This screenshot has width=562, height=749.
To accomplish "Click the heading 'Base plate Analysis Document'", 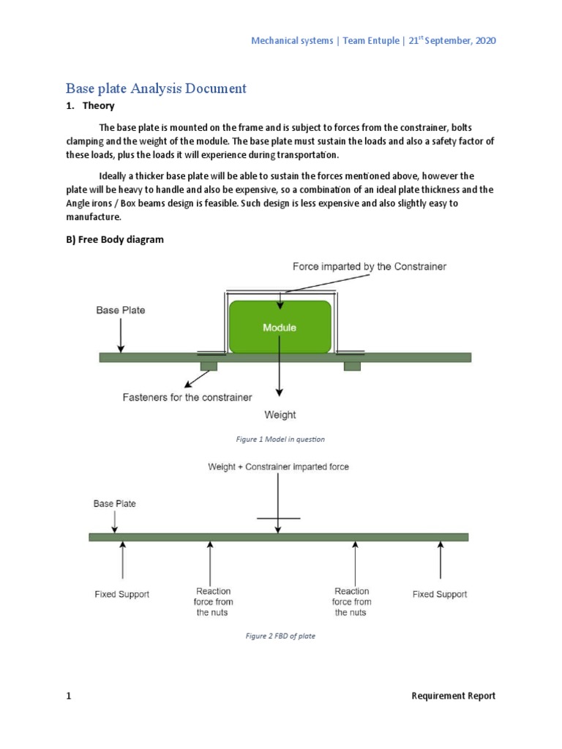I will (x=156, y=89).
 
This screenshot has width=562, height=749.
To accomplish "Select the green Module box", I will (x=280, y=327).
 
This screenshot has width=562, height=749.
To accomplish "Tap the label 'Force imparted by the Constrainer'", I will (x=369, y=267).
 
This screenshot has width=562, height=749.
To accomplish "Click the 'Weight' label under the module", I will (x=280, y=415).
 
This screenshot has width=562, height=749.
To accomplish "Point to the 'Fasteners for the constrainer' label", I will (x=187, y=397).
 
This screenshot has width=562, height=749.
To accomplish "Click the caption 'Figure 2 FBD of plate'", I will (x=280, y=636).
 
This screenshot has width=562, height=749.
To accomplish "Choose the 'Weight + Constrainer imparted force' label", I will (x=278, y=467).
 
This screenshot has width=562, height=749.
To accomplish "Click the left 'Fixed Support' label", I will (x=121, y=595).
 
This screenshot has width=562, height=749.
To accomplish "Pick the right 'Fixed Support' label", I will (x=439, y=595).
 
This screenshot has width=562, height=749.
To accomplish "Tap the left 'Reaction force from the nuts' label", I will (x=213, y=601).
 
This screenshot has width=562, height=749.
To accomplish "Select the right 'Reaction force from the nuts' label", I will (x=352, y=601).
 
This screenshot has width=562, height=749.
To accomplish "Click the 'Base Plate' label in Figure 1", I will (x=121, y=310).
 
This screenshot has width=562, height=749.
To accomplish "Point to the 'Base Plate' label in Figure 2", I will (x=114, y=504).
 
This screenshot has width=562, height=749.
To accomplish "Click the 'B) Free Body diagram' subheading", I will (x=115, y=240).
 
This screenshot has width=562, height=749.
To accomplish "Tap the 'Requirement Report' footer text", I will (x=453, y=696).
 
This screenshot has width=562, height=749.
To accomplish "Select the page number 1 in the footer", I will (x=69, y=696).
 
